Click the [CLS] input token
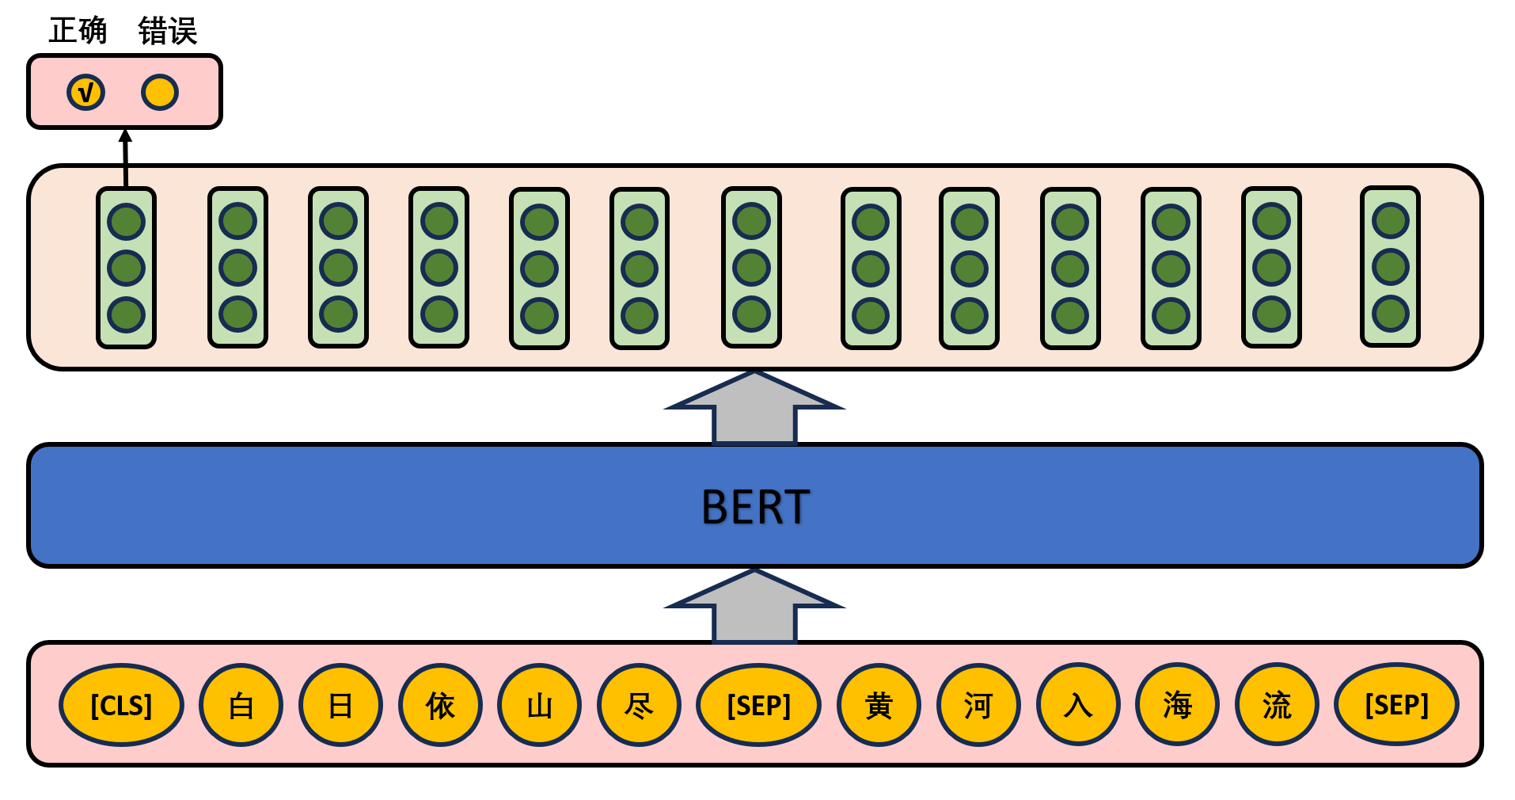tap(121, 705)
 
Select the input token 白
tap(241, 705)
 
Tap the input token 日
tap(340, 705)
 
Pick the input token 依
tap(440, 705)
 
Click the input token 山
tap(539, 705)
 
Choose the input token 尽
tap(639, 705)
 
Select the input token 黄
tap(879, 705)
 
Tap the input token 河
tap(978, 705)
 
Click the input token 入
tap(1078, 705)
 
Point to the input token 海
tap(1178, 705)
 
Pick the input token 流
tap(1277, 705)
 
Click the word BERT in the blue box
tap(755, 507)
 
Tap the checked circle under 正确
tap(85, 92)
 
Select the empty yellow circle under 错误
tap(160, 92)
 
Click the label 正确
tap(78, 30)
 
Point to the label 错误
tap(167, 30)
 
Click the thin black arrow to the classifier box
tap(125, 158)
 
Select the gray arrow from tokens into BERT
tap(755, 607)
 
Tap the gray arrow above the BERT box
tap(755, 409)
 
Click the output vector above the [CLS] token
tap(126, 268)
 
